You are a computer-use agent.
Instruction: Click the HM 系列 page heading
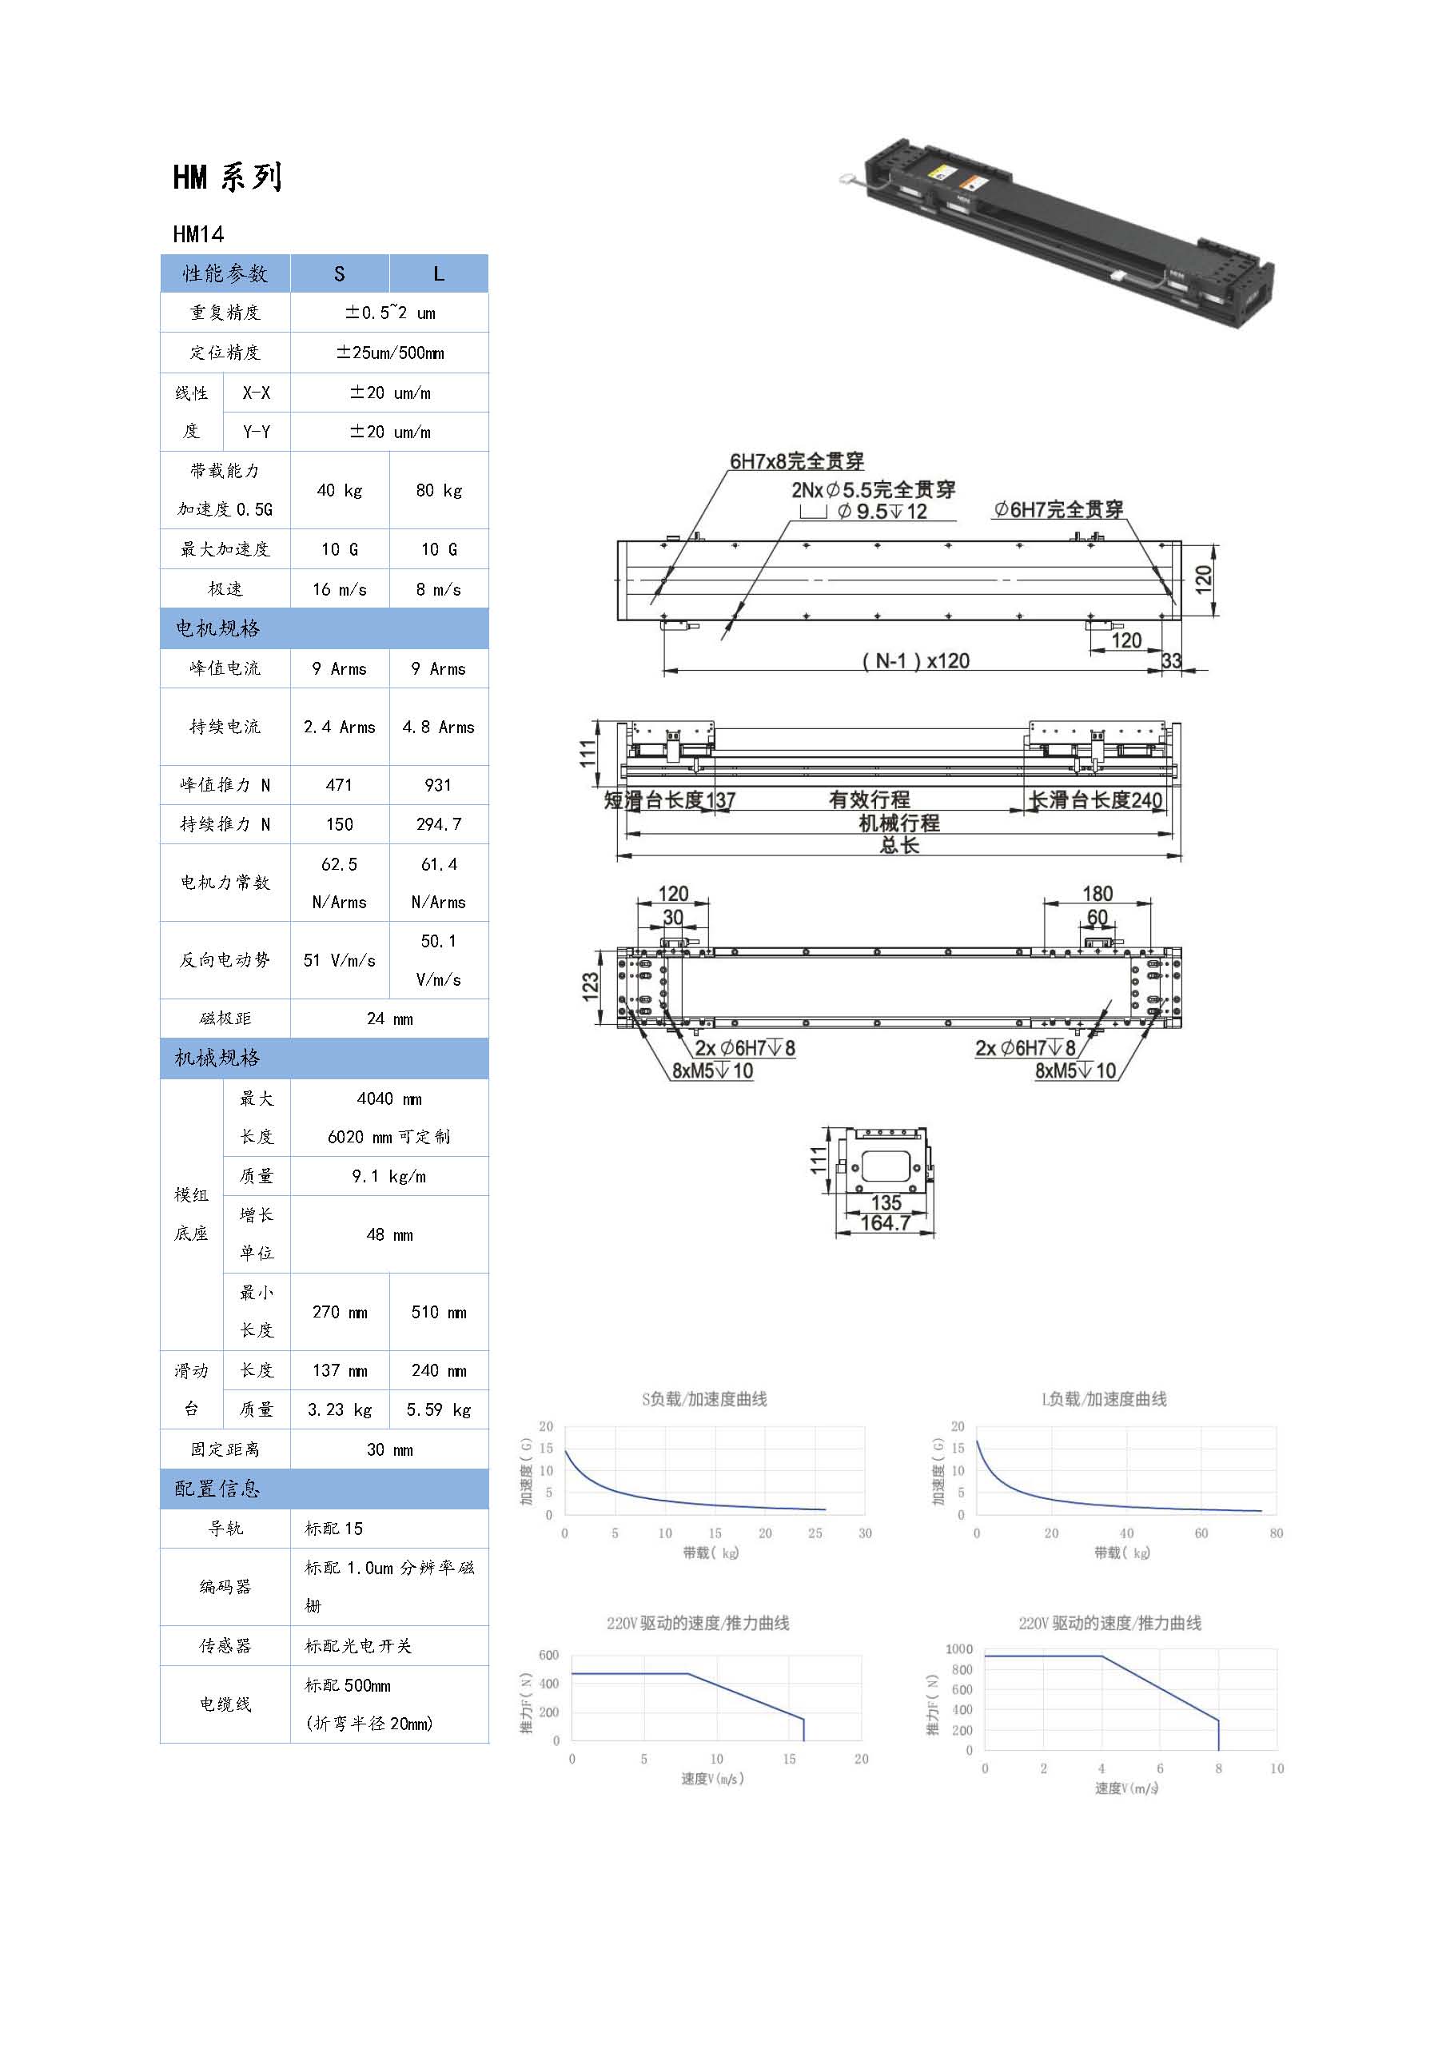tap(228, 177)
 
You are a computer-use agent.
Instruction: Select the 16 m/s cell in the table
tap(340, 588)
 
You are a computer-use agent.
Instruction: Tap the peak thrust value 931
tap(438, 785)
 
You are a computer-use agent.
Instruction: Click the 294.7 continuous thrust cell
tap(438, 824)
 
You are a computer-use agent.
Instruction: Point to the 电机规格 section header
tap(217, 628)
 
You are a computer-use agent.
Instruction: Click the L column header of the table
tap(439, 273)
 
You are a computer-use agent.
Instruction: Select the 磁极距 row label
tap(225, 1019)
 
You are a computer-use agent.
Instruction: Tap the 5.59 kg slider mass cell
tap(438, 1409)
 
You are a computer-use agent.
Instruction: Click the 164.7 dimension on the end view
tap(885, 1222)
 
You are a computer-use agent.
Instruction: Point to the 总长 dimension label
tap(898, 845)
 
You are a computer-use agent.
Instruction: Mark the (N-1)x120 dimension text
tap(915, 661)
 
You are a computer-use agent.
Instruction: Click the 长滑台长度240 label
tap(1096, 800)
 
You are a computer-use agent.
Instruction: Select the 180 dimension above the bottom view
tap(1097, 893)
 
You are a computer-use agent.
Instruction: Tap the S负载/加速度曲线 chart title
tap(704, 1399)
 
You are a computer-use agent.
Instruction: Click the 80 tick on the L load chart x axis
tap(1277, 1533)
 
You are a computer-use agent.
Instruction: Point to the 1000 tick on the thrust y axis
tap(958, 1648)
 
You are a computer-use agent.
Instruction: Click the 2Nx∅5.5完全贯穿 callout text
tap(874, 490)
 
